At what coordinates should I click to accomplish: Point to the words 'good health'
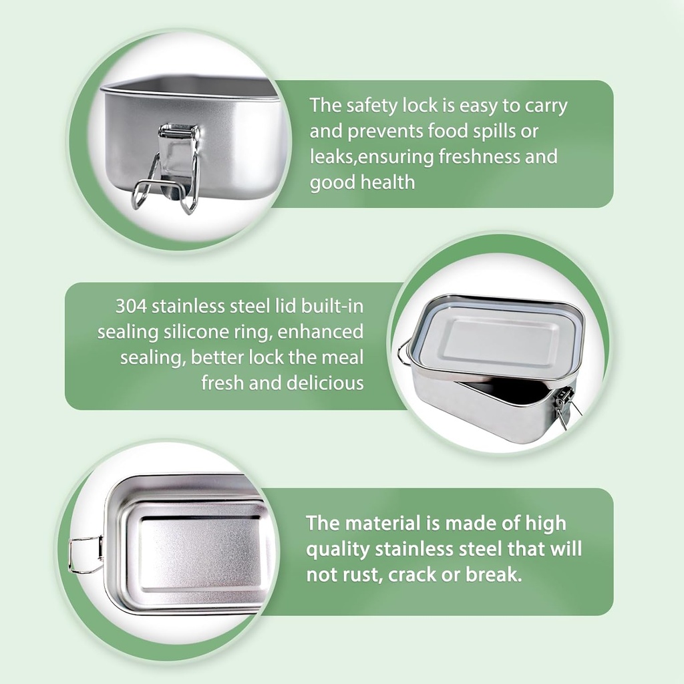coord(362,182)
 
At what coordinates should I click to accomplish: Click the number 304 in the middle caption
coord(130,307)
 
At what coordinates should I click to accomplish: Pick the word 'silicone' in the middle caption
coord(220,332)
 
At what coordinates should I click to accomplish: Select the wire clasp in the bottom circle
coord(85,554)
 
